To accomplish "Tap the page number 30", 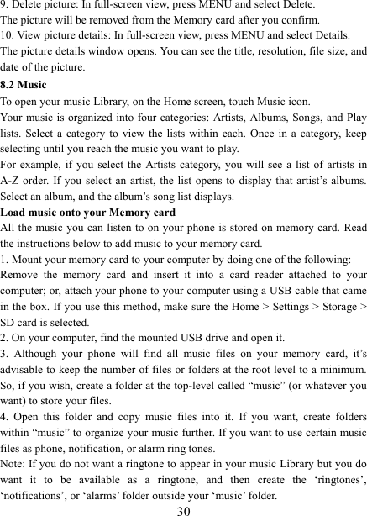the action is click(184, 508).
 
